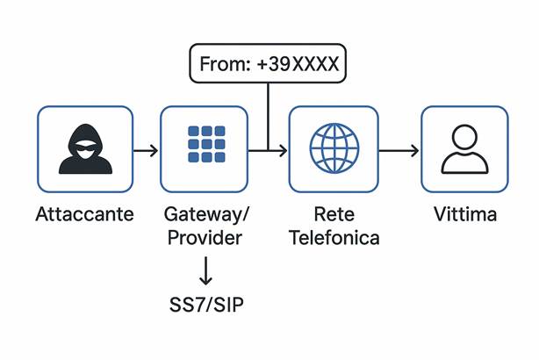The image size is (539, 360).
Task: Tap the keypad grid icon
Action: click(206, 144)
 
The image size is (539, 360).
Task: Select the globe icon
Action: click(334, 147)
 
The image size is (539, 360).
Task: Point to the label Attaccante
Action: click(84, 214)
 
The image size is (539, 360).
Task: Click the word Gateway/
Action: click(206, 214)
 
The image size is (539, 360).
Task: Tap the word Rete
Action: click(334, 214)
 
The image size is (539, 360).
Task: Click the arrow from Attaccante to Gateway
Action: click(145, 150)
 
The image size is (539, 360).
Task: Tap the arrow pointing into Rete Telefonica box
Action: click(272, 150)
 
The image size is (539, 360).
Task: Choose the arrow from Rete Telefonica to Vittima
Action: click(399, 150)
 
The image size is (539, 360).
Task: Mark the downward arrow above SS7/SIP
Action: click(206, 270)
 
